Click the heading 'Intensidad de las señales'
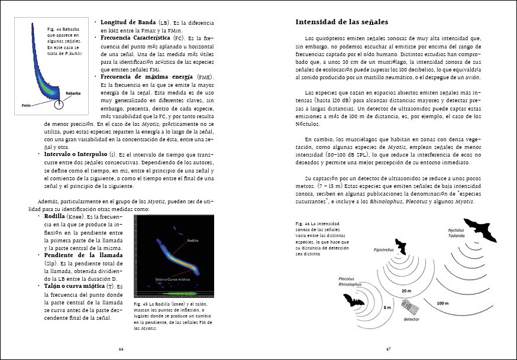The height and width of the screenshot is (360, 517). coord(341,22)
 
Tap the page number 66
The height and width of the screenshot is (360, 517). coord(121,349)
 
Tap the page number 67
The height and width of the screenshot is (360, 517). coord(389,349)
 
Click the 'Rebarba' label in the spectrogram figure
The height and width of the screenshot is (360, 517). coord(74,93)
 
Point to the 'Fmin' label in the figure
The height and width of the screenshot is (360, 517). coord(27,105)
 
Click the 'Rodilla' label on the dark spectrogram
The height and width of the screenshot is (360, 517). coord(193,241)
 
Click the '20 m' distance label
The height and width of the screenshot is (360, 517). coord(406,291)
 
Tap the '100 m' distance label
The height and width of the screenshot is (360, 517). coord(442,303)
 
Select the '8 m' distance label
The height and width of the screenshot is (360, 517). coord(387,308)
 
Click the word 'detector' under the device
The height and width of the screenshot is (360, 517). coord(412,319)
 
